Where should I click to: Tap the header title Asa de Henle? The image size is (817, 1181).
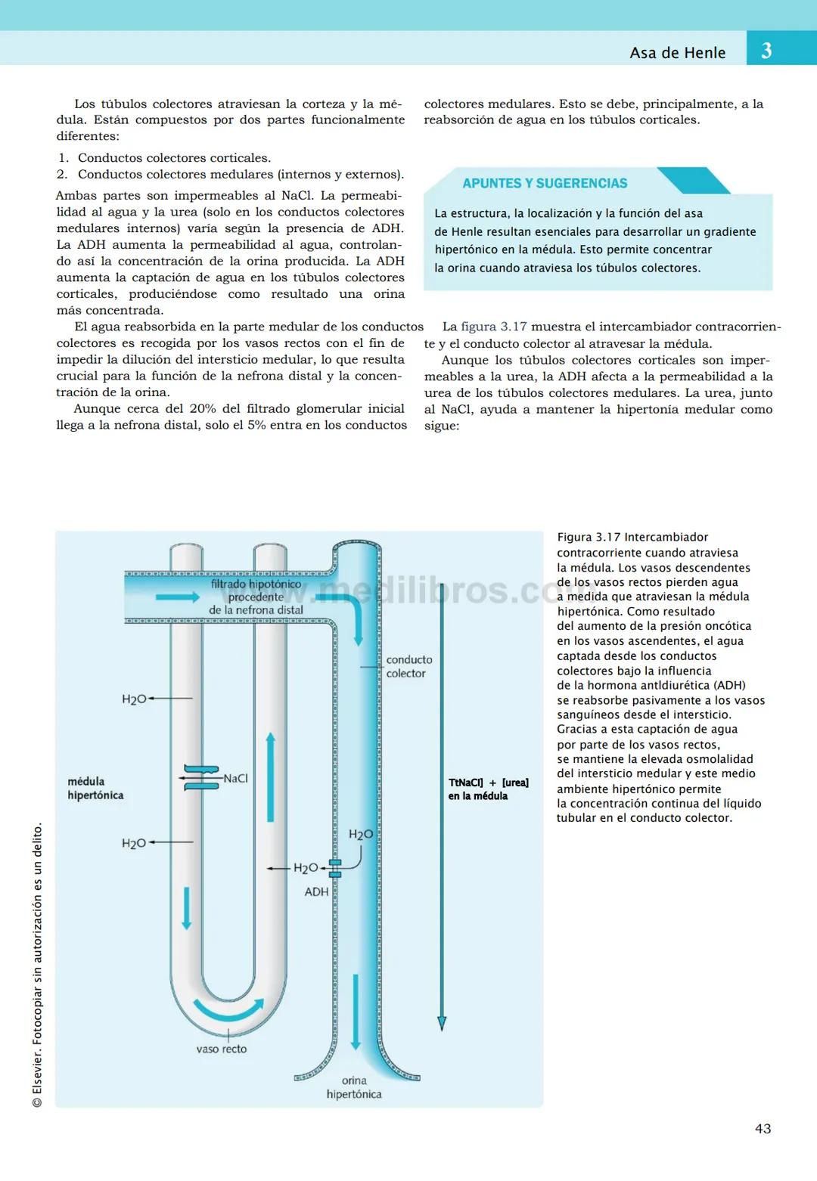[677, 53]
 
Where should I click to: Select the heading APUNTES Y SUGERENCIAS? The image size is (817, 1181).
[545, 183]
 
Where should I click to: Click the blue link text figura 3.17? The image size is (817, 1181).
[493, 327]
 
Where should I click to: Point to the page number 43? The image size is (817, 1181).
[763, 1128]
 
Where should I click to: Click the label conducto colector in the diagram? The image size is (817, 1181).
[408, 666]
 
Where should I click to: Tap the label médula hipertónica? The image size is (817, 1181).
[95, 788]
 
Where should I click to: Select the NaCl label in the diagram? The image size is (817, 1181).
[235, 778]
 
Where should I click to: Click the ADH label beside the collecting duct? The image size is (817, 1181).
[316, 891]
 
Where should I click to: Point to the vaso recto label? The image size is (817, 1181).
[221, 1049]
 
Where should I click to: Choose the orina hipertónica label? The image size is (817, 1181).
[354, 1087]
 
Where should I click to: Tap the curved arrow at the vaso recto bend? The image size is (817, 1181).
[228, 1009]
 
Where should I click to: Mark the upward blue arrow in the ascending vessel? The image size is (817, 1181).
[270, 776]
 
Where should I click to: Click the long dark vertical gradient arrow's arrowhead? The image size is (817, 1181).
[442, 1023]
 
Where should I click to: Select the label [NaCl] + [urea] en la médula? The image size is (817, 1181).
[488, 789]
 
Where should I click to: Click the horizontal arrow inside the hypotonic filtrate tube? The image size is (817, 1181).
[177, 597]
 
